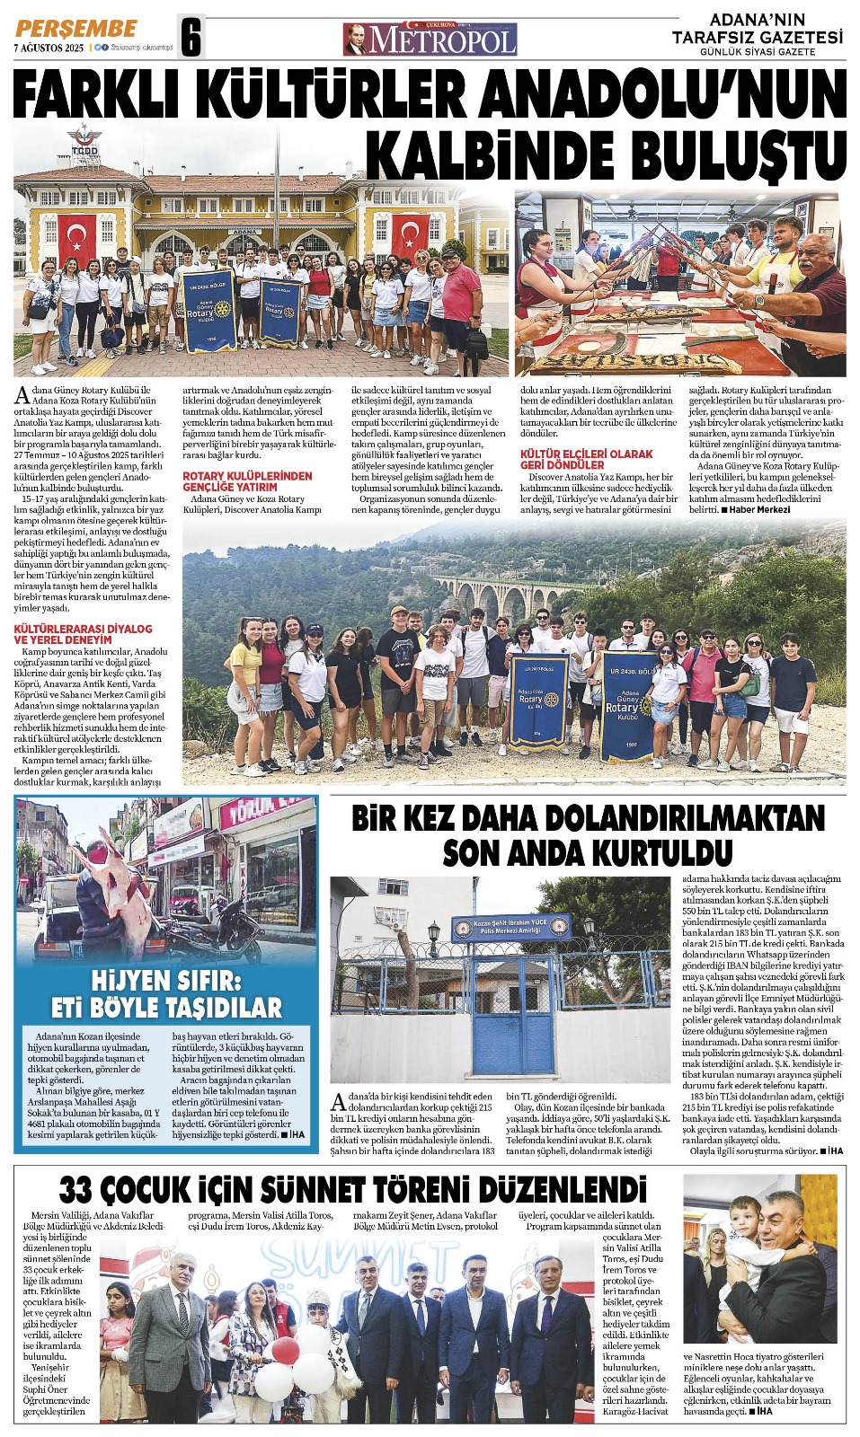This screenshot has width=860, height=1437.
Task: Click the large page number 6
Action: coord(191,38)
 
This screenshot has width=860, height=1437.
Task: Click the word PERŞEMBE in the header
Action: coord(76,29)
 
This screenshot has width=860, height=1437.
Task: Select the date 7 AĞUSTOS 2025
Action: coord(49,48)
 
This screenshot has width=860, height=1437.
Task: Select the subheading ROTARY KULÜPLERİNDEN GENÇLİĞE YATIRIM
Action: coord(247,480)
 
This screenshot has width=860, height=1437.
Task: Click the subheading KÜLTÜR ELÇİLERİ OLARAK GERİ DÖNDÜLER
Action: coord(586,459)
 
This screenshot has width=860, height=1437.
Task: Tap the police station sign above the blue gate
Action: coord(510,927)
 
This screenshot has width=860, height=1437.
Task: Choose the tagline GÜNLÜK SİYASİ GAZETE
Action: coord(758,52)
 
